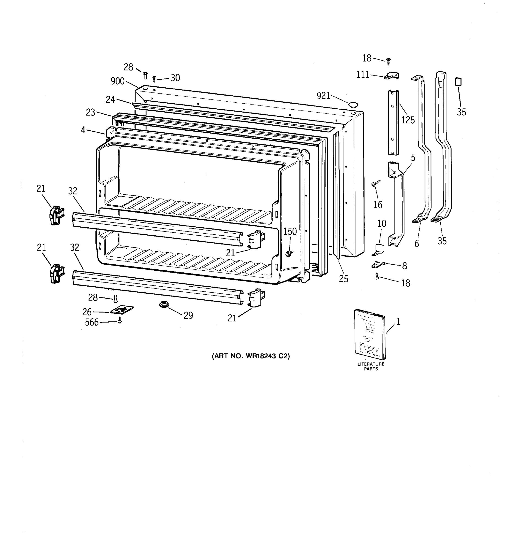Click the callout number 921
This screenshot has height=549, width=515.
323,96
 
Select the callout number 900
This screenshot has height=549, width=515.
117,81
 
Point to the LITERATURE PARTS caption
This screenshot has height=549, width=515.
371,366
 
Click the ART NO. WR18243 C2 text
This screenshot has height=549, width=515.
251,356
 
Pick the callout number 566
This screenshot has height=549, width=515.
92,322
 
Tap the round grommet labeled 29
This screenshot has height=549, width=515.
164,305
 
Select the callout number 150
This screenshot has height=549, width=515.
290,231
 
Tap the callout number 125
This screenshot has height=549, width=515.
408,120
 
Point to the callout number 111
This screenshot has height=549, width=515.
363,75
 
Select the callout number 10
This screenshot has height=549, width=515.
382,223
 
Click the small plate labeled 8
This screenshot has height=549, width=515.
378,265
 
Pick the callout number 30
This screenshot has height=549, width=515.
175,78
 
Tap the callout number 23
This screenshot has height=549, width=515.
90,112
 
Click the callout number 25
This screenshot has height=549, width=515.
343,279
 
